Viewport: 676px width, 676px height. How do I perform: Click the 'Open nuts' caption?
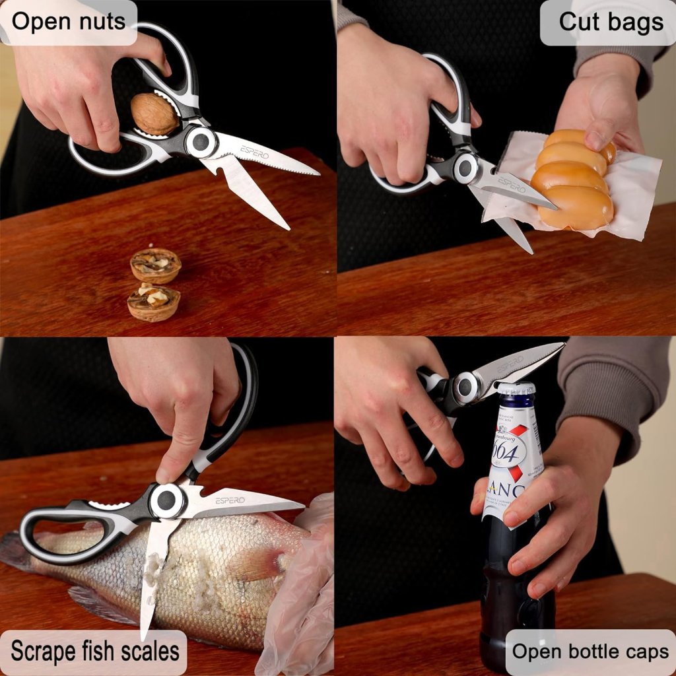pyautogui.click(x=68, y=22)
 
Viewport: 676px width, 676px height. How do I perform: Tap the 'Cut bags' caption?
pyautogui.click(x=611, y=22)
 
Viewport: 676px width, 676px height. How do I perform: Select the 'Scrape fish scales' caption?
pyautogui.click(x=94, y=652)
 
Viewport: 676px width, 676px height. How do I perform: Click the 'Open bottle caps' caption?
pyautogui.click(x=590, y=652)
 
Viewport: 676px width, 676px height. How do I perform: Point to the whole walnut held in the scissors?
pyautogui.click(x=154, y=114)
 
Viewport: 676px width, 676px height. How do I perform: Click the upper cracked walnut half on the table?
pyautogui.click(x=155, y=265)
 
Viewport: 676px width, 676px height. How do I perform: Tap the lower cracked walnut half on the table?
pyautogui.click(x=153, y=303)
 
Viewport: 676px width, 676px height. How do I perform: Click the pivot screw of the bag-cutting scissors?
pyautogui.click(x=465, y=168)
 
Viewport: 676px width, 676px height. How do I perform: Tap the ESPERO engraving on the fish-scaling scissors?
pyautogui.click(x=230, y=500)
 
